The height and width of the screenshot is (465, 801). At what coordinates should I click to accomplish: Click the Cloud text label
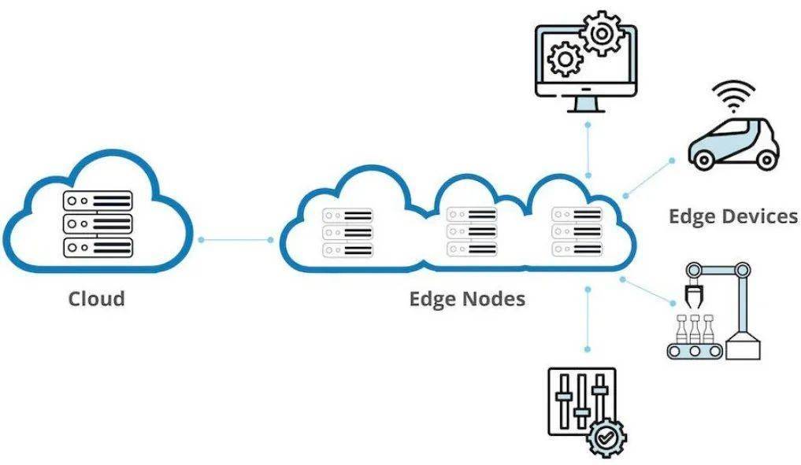(x=97, y=299)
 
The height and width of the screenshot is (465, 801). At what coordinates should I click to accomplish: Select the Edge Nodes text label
(x=467, y=299)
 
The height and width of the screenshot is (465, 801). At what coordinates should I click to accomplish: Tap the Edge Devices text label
(x=733, y=216)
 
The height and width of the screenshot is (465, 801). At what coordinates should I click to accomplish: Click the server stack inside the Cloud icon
(x=98, y=224)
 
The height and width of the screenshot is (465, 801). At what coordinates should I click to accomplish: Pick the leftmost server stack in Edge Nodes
(x=347, y=233)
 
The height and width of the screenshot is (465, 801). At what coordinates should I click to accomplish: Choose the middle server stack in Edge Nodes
(x=472, y=231)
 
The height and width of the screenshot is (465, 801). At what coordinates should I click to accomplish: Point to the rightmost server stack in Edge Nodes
(x=577, y=231)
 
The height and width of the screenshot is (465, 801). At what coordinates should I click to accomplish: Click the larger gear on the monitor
(x=602, y=33)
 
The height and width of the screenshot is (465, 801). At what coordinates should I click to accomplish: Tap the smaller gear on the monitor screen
(x=565, y=59)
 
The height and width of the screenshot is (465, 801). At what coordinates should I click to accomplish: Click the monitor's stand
(x=586, y=104)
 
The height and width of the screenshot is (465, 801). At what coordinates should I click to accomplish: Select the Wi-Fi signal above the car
(x=733, y=97)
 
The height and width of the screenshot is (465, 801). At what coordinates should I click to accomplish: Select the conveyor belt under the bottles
(x=695, y=351)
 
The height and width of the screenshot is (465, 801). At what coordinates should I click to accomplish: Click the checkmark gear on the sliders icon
(x=606, y=437)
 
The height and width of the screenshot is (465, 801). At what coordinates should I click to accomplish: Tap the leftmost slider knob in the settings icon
(x=563, y=397)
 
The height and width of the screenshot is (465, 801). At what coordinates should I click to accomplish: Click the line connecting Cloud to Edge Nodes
(x=236, y=239)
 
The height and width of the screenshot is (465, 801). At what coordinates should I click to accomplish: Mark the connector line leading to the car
(x=649, y=178)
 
